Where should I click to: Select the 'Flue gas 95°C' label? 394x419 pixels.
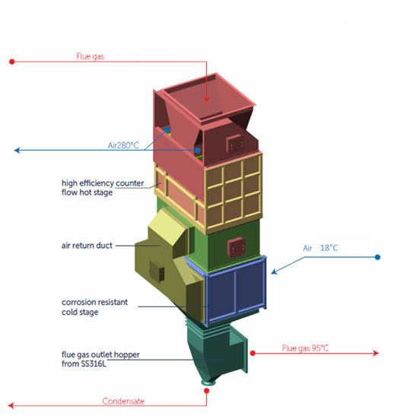pyautogui.click(x=305, y=348)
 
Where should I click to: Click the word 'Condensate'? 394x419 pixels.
pyautogui.click(x=124, y=401)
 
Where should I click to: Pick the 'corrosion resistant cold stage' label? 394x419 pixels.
pyautogui.click(x=94, y=306)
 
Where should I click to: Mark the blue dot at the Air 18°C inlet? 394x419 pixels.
pyautogui.click(x=377, y=257)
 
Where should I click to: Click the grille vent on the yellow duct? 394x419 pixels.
pyautogui.click(x=157, y=270)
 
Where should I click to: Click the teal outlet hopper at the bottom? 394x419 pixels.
pyautogui.click(x=217, y=350)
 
